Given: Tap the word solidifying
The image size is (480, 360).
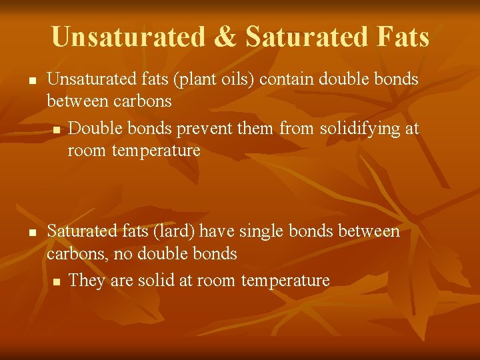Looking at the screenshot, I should (x=354, y=129).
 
